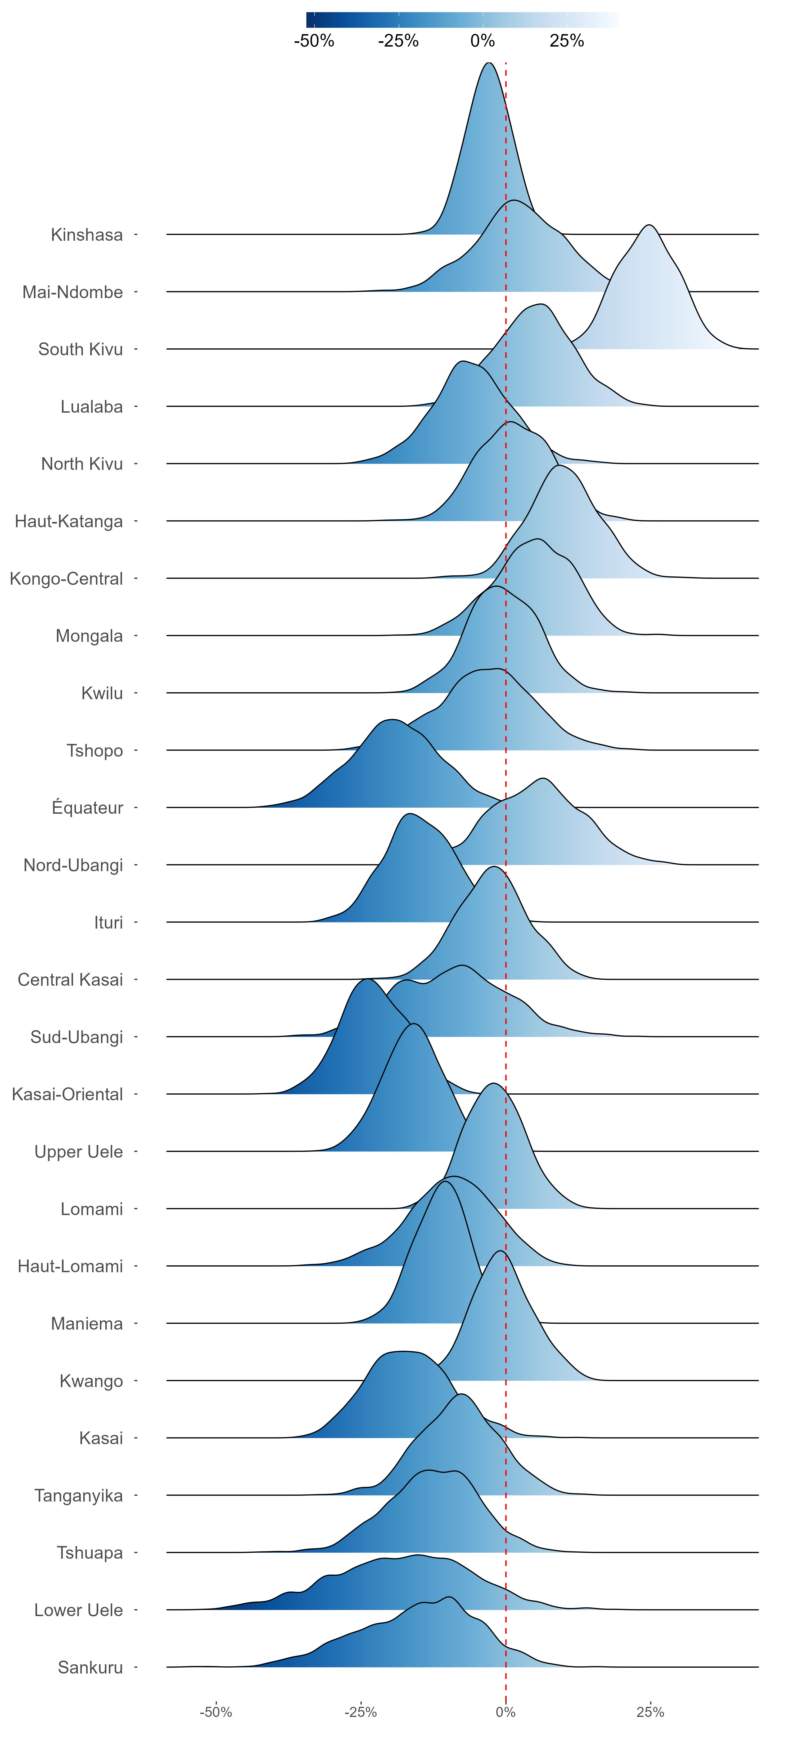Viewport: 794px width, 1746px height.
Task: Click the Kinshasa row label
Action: coord(87,235)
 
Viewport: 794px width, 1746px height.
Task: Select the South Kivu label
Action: coord(81,350)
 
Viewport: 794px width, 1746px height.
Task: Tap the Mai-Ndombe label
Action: coord(73,292)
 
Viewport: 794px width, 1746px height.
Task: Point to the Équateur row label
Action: coord(87,808)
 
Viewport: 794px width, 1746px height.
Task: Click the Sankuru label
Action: coord(90,1667)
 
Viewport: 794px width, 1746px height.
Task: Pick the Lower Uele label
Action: coord(79,1611)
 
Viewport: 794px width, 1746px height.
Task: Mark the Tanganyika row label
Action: coord(79,1496)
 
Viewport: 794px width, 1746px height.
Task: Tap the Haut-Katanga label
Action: coord(69,521)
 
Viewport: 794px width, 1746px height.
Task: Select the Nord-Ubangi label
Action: coord(73,866)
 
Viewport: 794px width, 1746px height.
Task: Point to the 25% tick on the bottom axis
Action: coord(650,1712)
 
